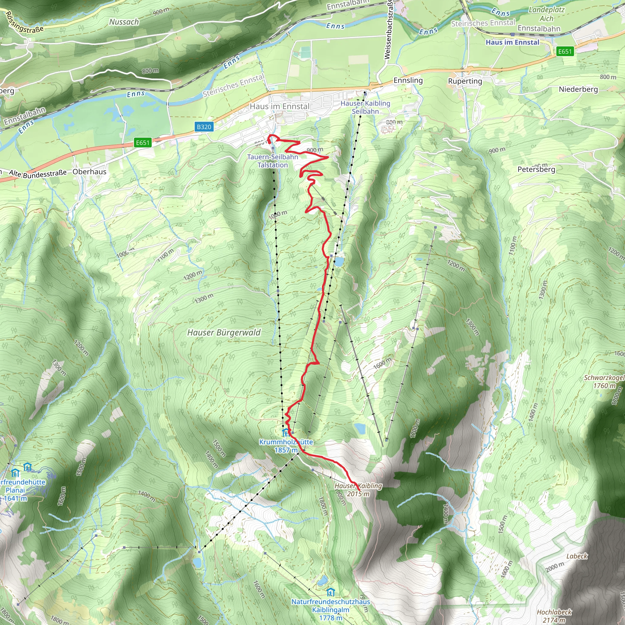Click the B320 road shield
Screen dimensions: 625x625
204,127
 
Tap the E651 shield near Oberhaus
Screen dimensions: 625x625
143,143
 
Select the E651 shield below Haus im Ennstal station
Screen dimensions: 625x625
565,52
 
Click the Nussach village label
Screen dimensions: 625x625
124,22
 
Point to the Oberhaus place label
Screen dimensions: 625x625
89,172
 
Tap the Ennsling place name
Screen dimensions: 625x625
408,80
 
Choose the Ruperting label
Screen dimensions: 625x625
465,81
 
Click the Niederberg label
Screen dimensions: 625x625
578,89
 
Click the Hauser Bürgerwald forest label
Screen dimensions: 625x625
224,333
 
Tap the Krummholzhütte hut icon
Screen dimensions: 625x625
286,432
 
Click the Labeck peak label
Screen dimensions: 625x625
577,556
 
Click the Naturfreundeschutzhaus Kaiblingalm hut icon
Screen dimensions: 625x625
330,592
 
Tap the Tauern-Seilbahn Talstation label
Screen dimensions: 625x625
273,161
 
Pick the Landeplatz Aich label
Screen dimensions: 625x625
546,14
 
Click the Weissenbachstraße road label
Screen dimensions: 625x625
388,30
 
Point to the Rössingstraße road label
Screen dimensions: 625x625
24,23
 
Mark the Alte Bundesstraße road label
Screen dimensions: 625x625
38,174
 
